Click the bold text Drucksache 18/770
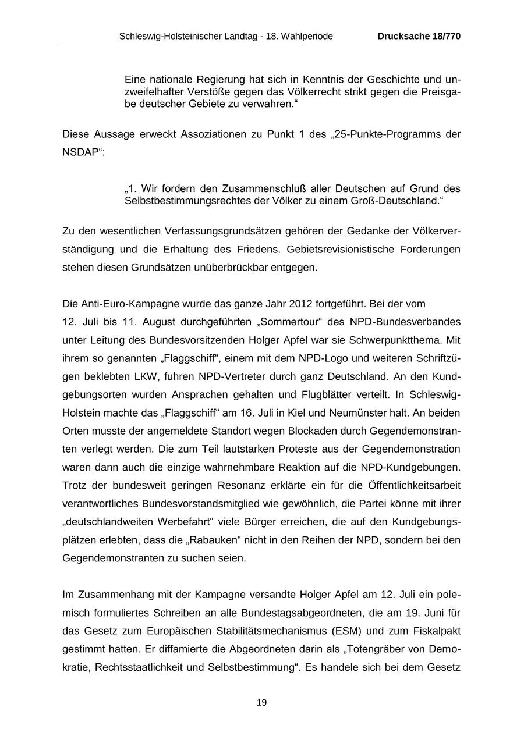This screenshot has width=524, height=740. click(x=419, y=36)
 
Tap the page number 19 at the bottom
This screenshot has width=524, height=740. click(x=261, y=703)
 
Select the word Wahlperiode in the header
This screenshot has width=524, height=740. click(x=307, y=36)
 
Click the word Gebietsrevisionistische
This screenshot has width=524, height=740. click(x=343, y=250)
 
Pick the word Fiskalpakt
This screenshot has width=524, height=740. click(x=435, y=630)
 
